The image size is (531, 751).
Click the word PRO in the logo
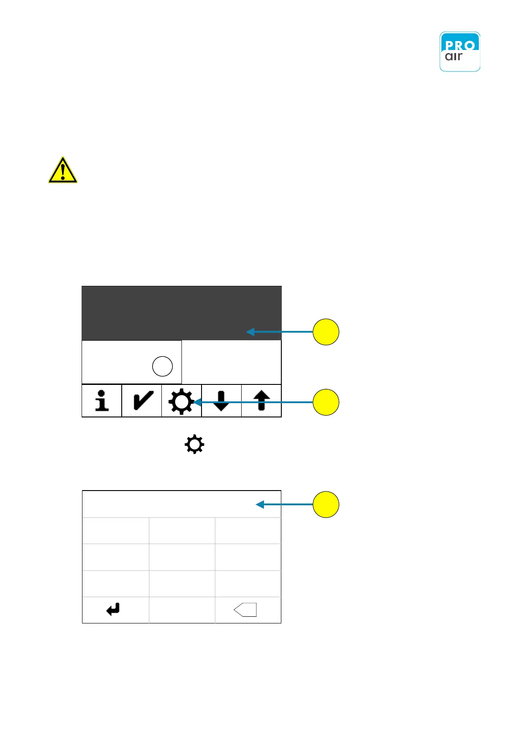click(x=460, y=45)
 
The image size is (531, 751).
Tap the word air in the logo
click(x=454, y=57)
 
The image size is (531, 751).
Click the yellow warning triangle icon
click(x=63, y=170)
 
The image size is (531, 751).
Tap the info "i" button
click(x=102, y=400)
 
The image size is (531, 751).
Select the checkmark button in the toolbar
click(x=142, y=400)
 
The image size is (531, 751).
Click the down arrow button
click(x=221, y=400)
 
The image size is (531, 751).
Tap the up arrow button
click(x=261, y=400)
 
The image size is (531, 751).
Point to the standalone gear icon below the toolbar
click(x=194, y=445)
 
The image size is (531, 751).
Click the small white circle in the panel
click(x=162, y=366)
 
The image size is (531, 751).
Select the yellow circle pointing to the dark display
click(x=326, y=332)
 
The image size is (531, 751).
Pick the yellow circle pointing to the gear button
click(x=326, y=402)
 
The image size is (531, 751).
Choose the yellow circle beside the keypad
click(x=326, y=504)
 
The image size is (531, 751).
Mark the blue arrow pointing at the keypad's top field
click(x=284, y=504)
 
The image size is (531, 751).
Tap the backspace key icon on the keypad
click(x=246, y=610)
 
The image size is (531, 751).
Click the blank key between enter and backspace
click(x=182, y=610)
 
